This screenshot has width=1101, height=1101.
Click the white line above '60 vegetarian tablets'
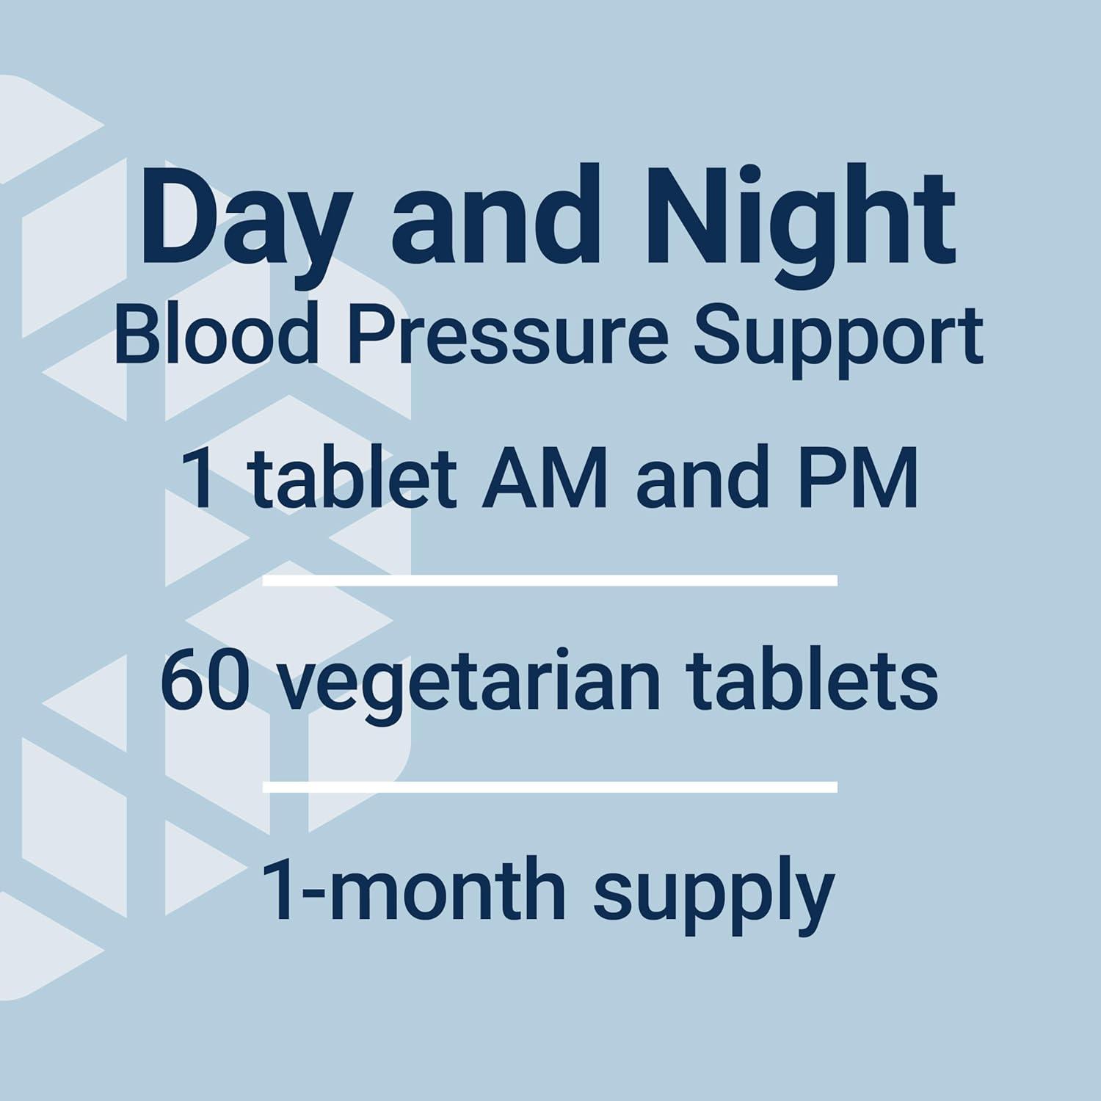pos(550,581)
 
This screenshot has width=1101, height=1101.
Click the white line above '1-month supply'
pos(550,788)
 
